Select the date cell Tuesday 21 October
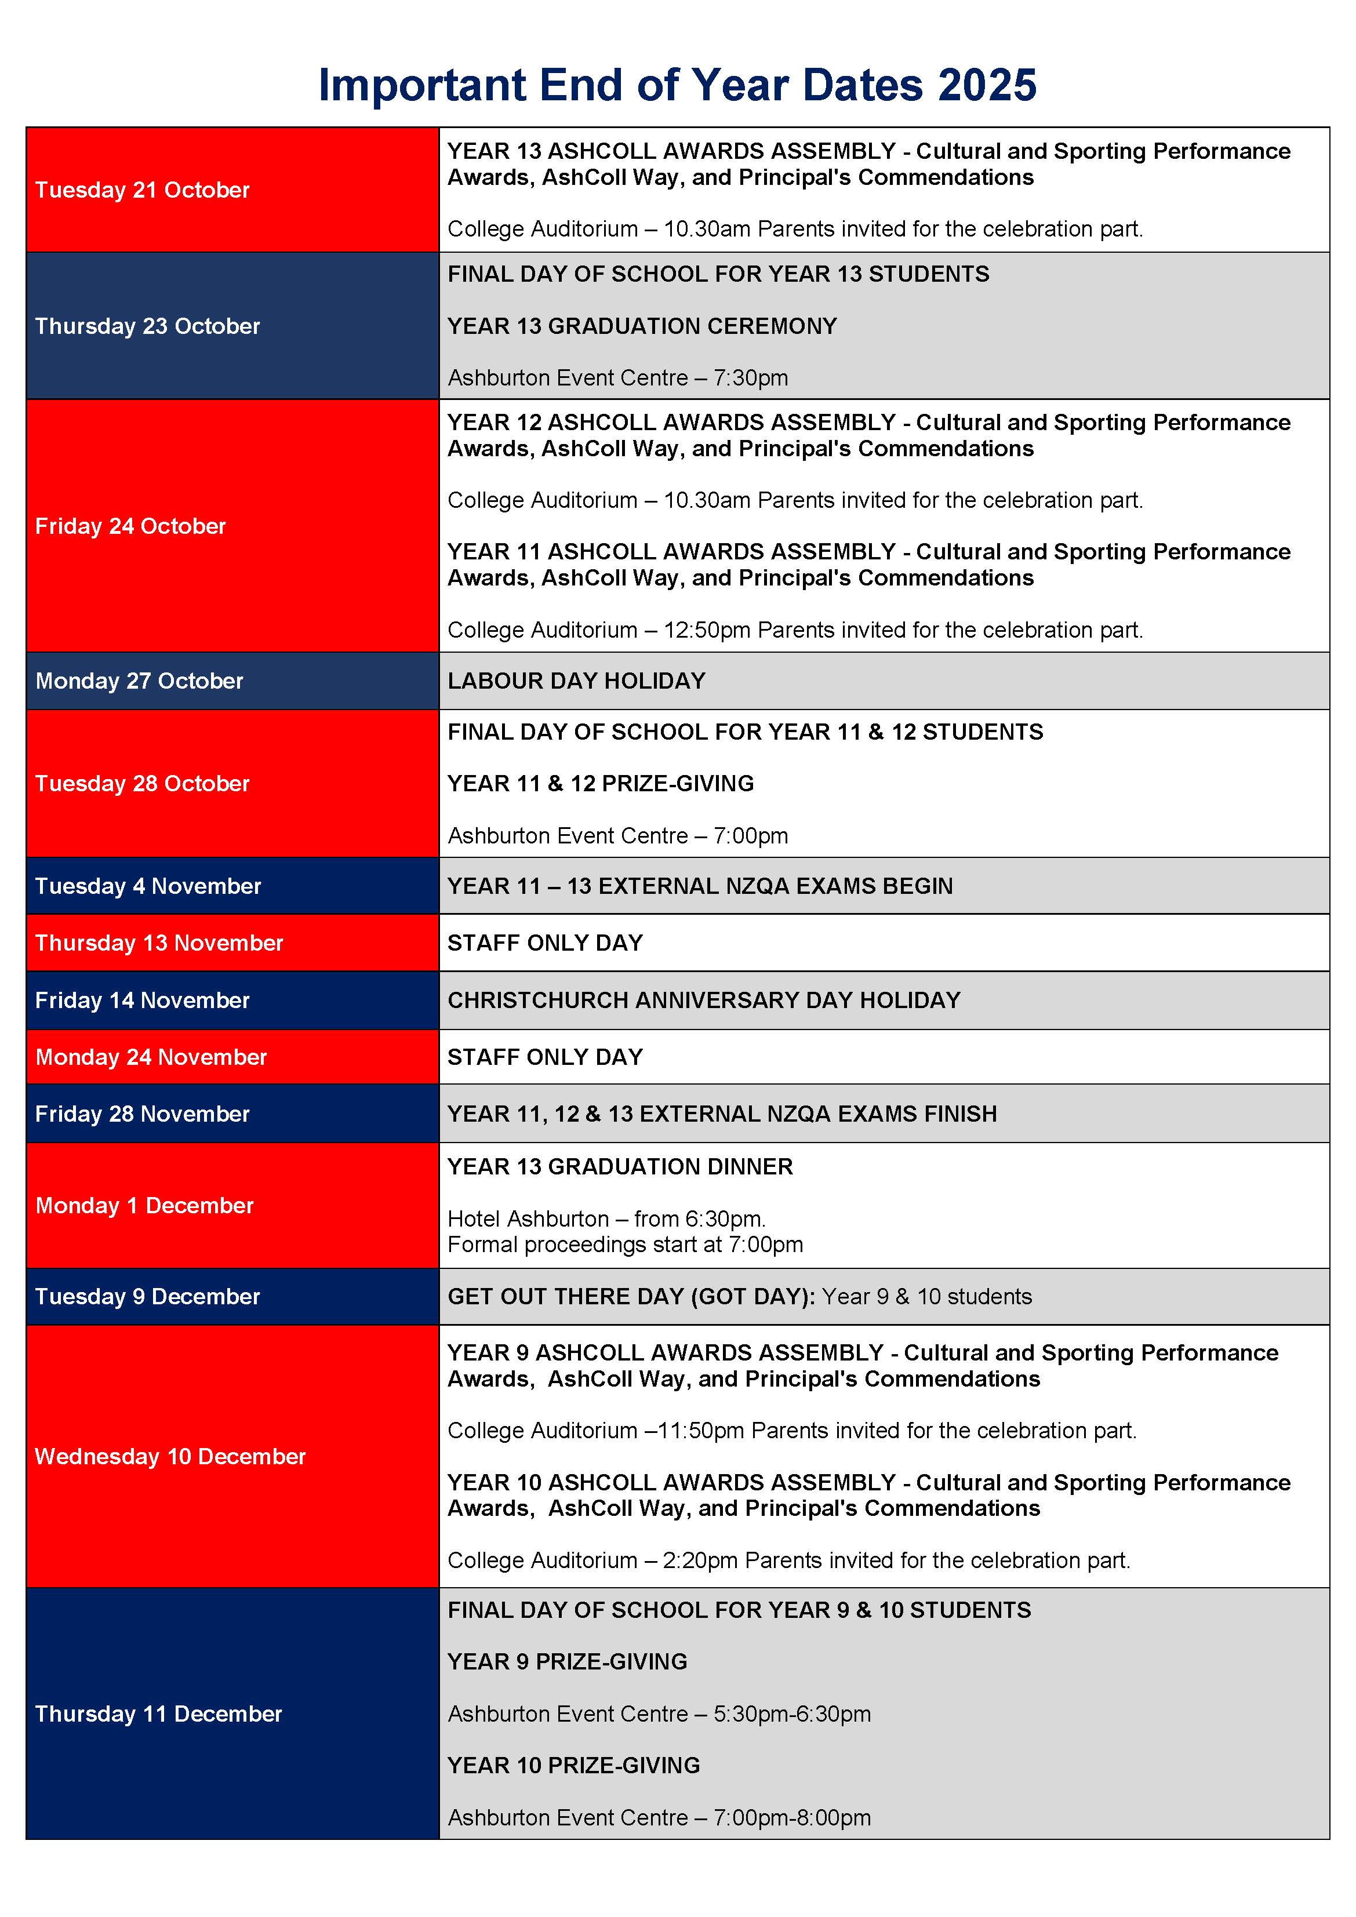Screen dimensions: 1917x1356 pos(142,190)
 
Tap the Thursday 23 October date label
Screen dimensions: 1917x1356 pos(147,326)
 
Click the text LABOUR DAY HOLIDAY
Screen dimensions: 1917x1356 pos(576,681)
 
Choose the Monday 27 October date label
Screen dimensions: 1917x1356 pos(139,681)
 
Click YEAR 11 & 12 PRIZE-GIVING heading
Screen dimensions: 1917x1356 pos(601,784)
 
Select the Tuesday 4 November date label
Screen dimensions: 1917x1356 pos(148,887)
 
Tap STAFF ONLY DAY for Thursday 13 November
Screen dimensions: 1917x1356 pos(545,944)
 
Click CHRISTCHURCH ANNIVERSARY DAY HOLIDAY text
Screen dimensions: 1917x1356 pos(704,1001)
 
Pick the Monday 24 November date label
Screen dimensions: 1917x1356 pos(150,1058)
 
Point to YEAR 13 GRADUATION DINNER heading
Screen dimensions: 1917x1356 pos(620,1167)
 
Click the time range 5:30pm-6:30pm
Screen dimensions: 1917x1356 pos(791,1714)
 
